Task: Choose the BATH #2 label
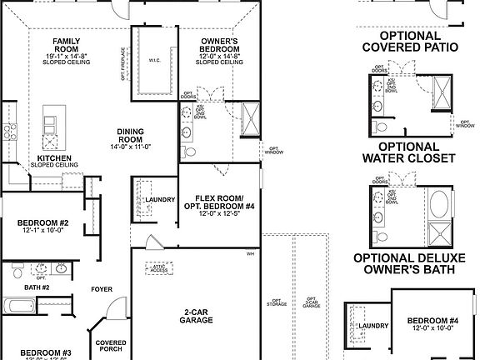pyautogui.click(x=37, y=287)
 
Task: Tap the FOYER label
pyautogui.click(x=102, y=289)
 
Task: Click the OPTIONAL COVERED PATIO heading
pyautogui.click(x=409, y=42)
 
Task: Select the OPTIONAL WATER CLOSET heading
pyautogui.click(x=409, y=151)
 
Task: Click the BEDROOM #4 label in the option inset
pyautogui.click(x=432, y=324)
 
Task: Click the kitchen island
pyautogui.click(x=52, y=123)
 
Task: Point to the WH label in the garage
pyautogui.click(x=249, y=253)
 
